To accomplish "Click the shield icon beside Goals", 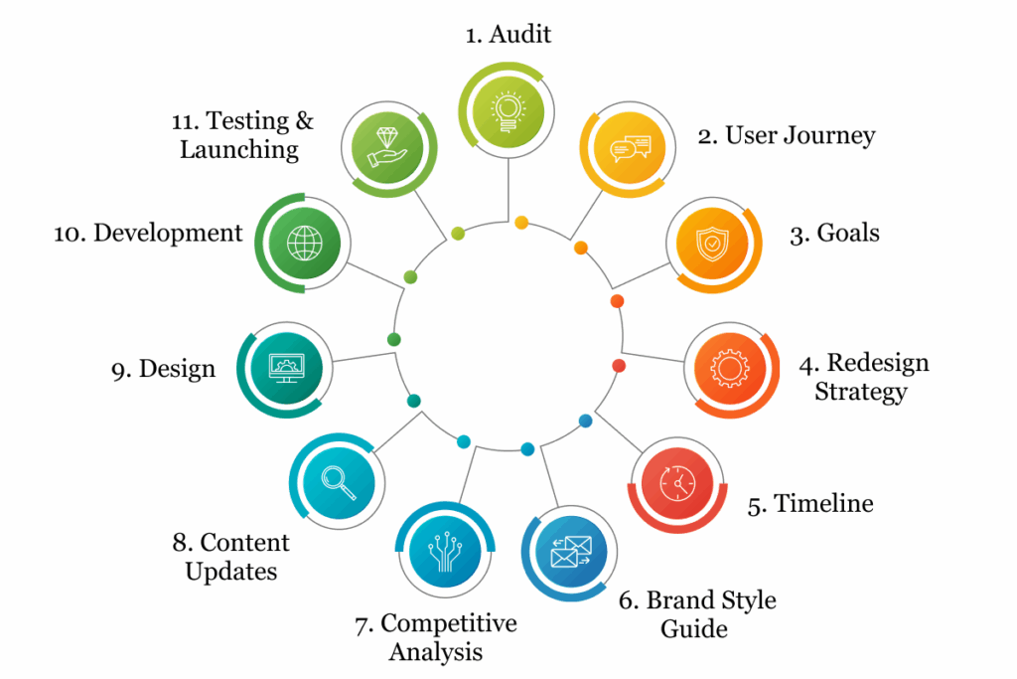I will (x=712, y=243).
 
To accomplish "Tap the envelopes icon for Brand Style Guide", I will (x=569, y=554).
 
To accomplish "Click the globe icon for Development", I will (x=304, y=245).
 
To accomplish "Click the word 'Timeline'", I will (x=823, y=504).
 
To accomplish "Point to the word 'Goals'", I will (x=848, y=234).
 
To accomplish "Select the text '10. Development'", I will (x=148, y=234).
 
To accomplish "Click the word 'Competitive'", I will (x=449, y=623).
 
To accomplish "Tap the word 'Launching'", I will (x=239, y=150).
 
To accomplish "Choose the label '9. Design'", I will (x=163, y=369).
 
